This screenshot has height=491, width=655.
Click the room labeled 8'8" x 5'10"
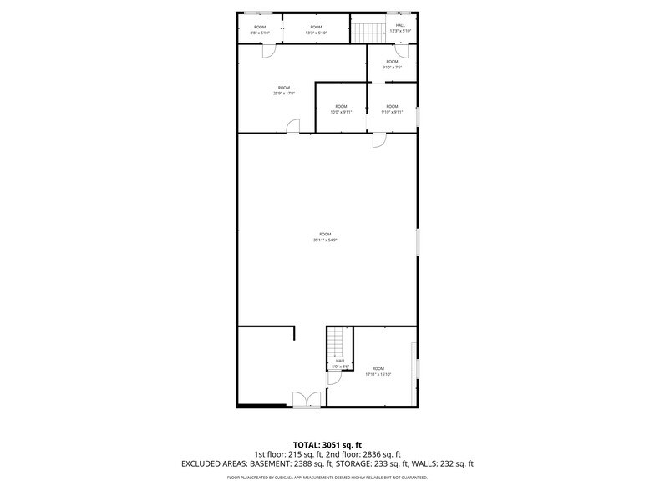point(260,30)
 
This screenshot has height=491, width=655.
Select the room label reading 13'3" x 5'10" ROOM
point(315,30)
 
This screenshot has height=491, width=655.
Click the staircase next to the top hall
point(368,33)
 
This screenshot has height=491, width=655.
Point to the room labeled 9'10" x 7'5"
point(392,64)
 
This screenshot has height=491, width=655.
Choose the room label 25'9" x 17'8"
point(284,91)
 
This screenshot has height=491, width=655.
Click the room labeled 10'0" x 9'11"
point(341,109)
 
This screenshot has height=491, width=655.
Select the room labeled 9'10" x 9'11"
point(392,109)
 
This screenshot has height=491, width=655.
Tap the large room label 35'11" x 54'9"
point(325,237)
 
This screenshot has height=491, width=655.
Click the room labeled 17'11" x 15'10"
point(378,372)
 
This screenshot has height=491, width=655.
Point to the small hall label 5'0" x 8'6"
point(340,364)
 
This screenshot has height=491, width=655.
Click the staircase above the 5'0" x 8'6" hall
point(336,342)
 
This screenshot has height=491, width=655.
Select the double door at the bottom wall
point(306,400)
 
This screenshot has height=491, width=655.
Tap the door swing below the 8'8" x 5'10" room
point(268,51)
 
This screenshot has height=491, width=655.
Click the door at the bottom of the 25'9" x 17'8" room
point(293,126)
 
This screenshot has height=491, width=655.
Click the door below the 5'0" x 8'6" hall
point(334,378)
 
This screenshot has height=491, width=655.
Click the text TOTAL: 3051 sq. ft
point(327,444)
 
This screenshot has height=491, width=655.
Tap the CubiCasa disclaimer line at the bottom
point(327,478)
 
